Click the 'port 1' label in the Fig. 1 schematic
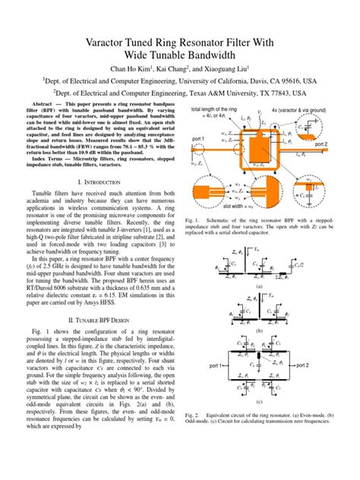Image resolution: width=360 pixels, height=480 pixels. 199,138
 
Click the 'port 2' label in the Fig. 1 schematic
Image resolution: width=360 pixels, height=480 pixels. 341,143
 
